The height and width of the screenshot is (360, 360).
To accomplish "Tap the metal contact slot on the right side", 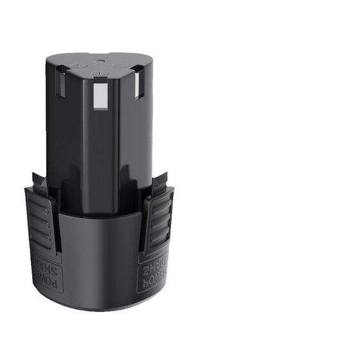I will point(138,87).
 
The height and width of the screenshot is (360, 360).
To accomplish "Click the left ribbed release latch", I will point(42,222).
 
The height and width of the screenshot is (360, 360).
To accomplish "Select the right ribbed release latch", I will point(158,222).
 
